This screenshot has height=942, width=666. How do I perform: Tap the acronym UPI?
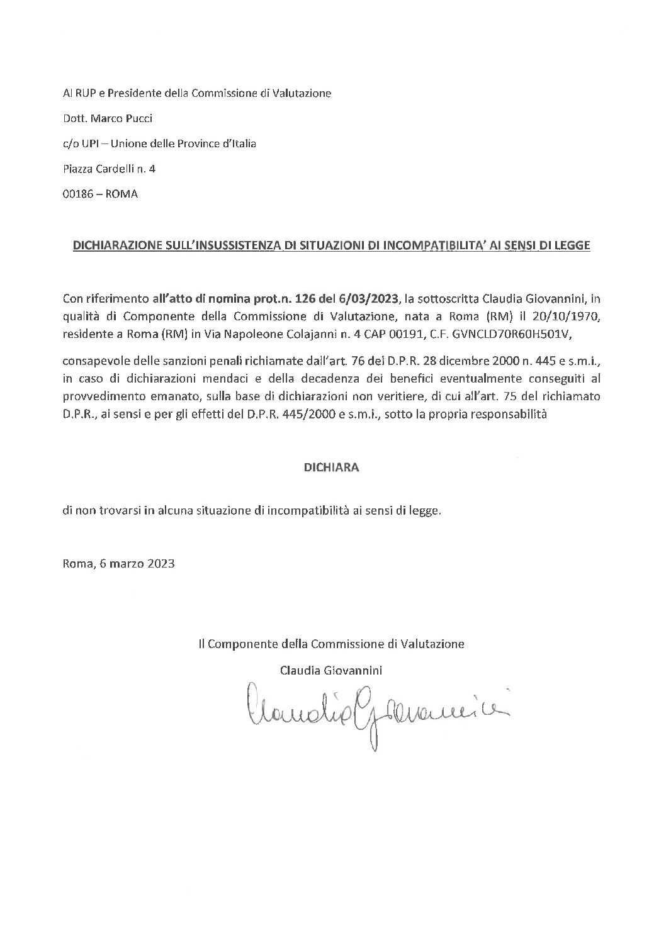pyautogui.click(x=89, y=143)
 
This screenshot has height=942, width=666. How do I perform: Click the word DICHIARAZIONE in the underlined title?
pyautogui.click(x=111, y=246)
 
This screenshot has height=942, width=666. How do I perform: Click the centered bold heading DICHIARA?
pyautogui.click(x=332, y=468)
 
